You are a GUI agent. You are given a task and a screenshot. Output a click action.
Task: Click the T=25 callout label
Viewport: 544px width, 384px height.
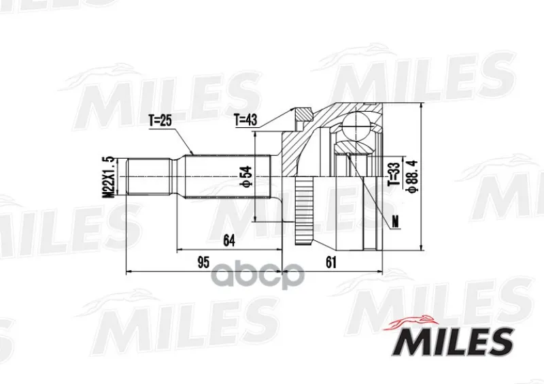[x=160, y=121]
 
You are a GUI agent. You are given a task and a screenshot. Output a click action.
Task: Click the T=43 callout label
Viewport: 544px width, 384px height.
[x=245, y=120]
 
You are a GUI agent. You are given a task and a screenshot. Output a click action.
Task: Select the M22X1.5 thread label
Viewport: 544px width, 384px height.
[x=109, y=178]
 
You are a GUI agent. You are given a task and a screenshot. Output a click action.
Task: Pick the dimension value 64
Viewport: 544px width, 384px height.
[x=228, y=240]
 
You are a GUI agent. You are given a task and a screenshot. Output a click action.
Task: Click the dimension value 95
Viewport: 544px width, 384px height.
[x=203, y=262]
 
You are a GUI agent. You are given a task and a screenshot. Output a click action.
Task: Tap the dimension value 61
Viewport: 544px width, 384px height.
[x=331, y=262]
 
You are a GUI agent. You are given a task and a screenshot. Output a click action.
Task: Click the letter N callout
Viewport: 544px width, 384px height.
[x=395, y=221]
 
